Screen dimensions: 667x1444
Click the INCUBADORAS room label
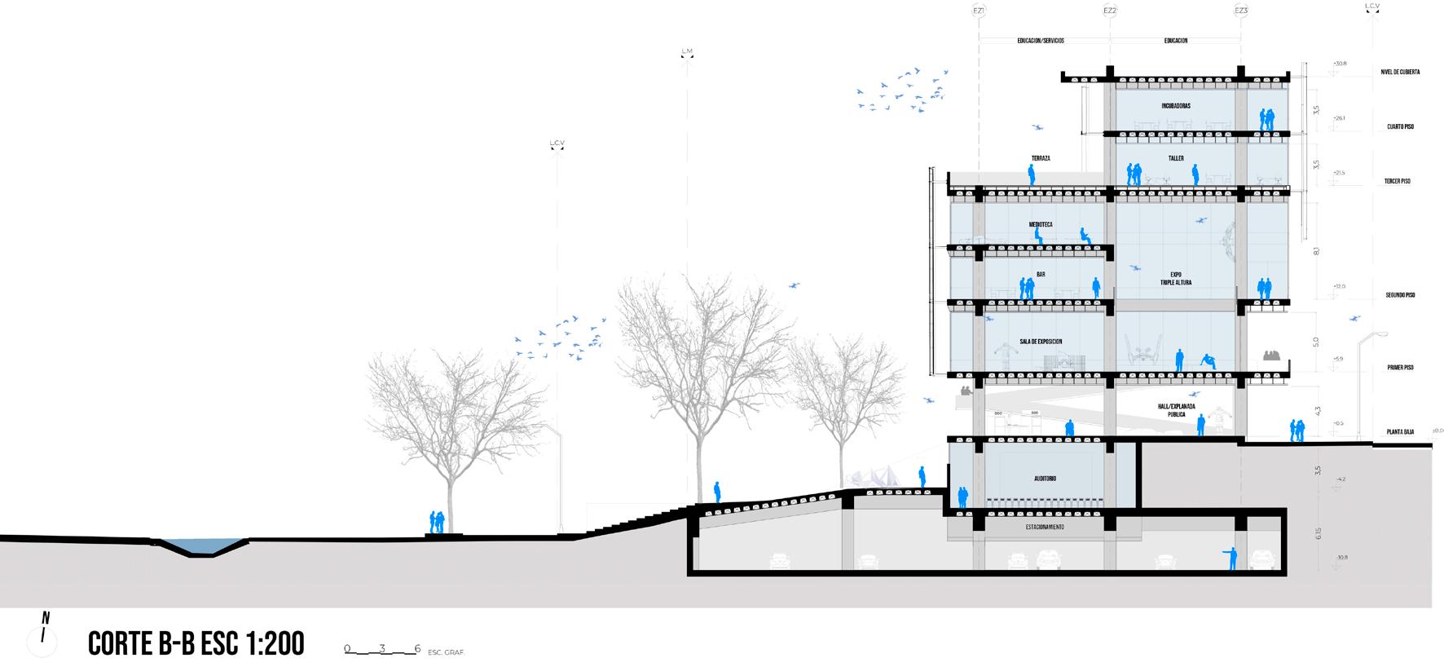click(1176, 106)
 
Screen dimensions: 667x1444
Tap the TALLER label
click(1175, 158)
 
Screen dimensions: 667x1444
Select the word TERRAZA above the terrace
click(1041, 158)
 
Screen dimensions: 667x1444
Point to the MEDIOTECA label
click(1041, 224)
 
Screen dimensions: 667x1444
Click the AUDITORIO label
click(1045, 479)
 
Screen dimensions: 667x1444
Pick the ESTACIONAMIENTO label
click(1045, 528)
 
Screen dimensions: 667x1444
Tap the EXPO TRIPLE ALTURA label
click(1175, 278)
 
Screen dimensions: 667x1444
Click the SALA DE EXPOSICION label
click(1041, 342)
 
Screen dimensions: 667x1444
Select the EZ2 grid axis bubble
click(1109, 11)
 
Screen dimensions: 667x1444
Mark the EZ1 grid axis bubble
click(979, 11)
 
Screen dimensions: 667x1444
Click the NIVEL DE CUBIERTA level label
click(1400, 72)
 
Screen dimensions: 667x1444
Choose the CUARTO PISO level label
click(1400, 127)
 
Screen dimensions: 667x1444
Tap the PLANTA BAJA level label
click(1400, 431)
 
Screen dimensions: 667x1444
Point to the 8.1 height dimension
click(1316, 250)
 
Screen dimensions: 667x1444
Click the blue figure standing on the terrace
click(1031, 174)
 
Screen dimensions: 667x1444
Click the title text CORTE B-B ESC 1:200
click(196, 643)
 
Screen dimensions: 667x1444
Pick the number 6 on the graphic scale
click(417, 649)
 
